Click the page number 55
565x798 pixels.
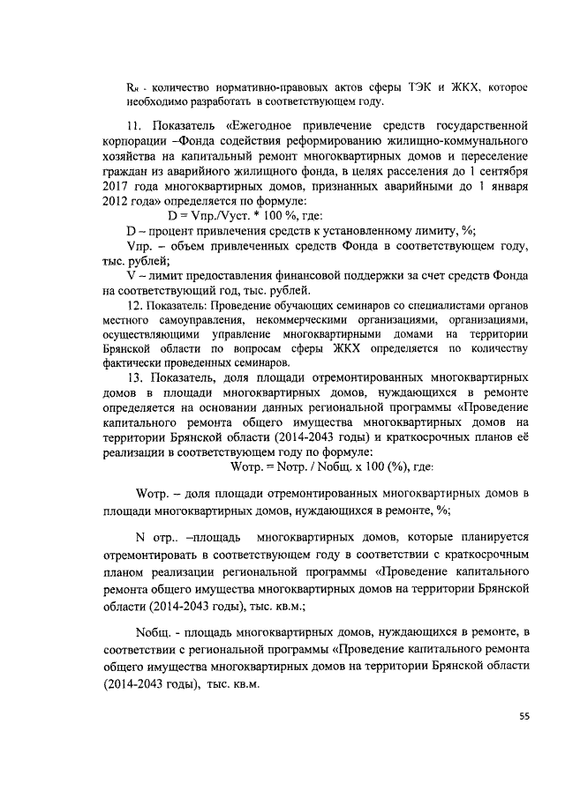524,717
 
